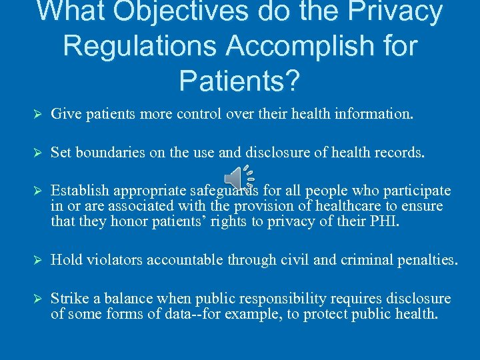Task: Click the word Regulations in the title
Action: click(x=137, y=46)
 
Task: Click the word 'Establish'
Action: click(x=77, y=191)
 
